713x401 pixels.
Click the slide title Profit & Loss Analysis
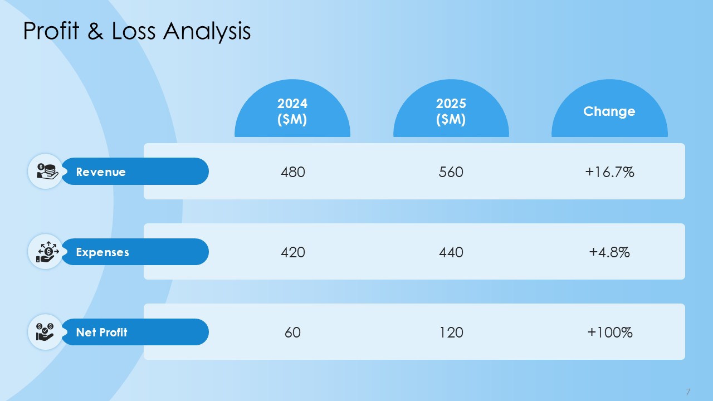(137, 31)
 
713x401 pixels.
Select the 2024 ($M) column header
(292, 111)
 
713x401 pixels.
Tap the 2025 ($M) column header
(451, 111)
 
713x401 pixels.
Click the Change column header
(609, 111)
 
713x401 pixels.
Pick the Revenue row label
(101, 172)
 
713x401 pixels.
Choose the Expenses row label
(102, 252)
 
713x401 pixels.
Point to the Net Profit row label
(101, 332)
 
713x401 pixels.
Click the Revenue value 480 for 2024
(293, 172)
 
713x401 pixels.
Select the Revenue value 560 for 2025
(451, 172)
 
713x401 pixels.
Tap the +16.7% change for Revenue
(609, 172)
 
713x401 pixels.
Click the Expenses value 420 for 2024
(293, 252)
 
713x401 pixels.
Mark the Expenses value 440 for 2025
(451, 252)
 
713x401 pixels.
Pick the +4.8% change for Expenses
(609, 252)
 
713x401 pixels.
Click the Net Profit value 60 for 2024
(293, 332)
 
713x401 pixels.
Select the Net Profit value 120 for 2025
(451, 332)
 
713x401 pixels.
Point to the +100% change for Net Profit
(609, 332)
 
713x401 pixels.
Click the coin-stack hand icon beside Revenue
(46, 171)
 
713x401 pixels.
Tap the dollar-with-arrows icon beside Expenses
(46, 251)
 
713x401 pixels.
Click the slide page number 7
(688, 391)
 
